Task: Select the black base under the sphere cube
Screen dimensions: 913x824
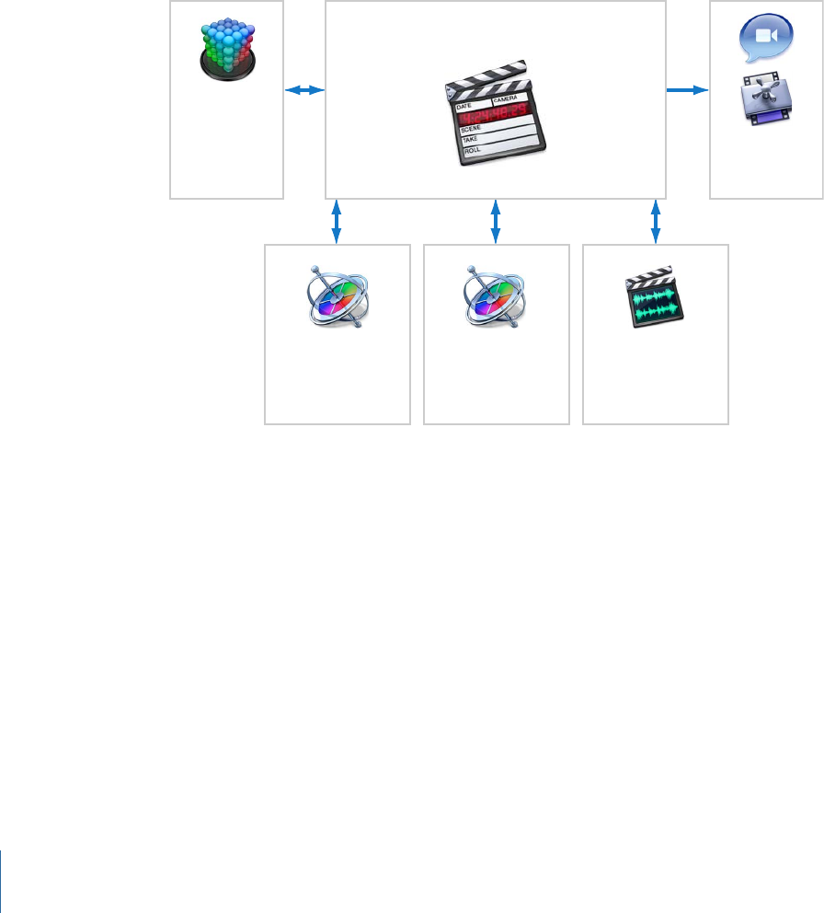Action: click(227, 72)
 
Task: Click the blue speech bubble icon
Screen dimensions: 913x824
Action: click(766, 40)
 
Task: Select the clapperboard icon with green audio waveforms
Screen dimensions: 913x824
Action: click(656, 298)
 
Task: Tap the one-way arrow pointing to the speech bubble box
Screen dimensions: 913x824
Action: click(687, 90)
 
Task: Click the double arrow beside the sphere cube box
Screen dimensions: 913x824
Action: click(304, 90)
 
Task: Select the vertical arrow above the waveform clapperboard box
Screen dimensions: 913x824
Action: click(656, 222)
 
